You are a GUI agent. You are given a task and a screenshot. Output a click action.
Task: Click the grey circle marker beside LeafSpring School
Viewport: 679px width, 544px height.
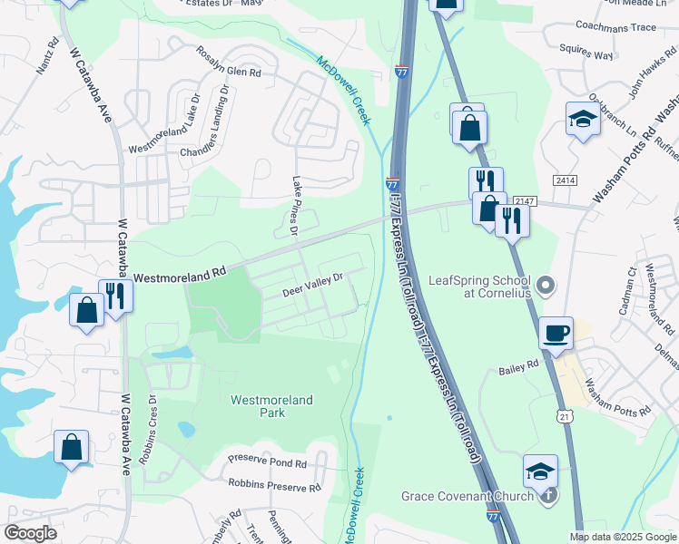tap(545, 287)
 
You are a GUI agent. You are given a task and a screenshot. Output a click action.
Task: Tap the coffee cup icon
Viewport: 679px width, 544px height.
tap(556, 333)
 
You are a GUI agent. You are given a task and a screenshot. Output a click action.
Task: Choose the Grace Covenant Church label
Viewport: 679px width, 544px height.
tap(468, 496)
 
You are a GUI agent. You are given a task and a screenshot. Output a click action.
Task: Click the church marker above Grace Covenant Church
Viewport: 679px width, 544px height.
tap(548, 495)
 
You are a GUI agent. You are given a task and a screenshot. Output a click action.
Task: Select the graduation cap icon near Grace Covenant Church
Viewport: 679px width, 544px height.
tap(540, 471)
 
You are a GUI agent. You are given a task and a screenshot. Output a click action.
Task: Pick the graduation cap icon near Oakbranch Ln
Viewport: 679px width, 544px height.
tap(583, 119)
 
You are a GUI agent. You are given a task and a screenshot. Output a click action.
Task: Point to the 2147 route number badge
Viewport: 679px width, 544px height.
tap(525, 200)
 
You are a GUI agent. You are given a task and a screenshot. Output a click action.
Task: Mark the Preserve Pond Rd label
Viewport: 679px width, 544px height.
tap(268, 462)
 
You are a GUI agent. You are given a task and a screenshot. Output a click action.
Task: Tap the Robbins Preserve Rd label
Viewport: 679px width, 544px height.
tap(274, 487)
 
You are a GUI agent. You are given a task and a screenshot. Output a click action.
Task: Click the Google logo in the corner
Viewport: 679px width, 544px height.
tap(31, 533)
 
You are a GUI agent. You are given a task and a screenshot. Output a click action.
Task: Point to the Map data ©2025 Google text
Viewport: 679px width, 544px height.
tap(622, 537)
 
